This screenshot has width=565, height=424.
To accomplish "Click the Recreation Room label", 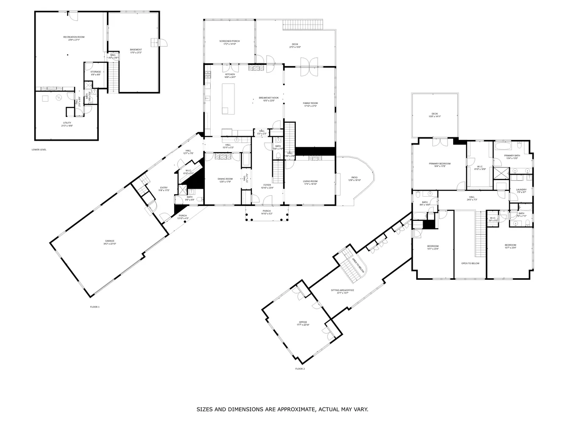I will [x=74, y=37].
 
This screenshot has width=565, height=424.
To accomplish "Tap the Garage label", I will [x=109, y=241].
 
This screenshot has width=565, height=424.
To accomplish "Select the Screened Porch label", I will [x=229, y=41].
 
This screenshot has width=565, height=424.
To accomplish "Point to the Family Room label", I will [x=310, y=103].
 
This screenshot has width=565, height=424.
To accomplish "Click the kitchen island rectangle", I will [x=228, y=99].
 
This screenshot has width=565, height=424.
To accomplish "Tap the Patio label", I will [x=354, y=178].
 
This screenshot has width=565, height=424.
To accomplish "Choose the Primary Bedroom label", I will [x=440, y=164].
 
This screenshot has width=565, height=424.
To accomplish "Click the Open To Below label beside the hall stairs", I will [x=470, y=263].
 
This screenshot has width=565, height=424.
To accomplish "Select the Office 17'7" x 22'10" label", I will [x=303, y=323].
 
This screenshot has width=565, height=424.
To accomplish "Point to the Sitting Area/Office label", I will [x=342, y=290].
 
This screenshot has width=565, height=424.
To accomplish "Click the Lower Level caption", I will [x=39, y=150].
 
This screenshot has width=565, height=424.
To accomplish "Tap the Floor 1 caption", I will [x=95, y=307].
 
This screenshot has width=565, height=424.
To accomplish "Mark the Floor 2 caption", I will [x=300, y=369].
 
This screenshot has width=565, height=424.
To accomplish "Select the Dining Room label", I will [x=225, y=179].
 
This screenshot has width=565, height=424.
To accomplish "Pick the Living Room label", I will [x=310, y=181].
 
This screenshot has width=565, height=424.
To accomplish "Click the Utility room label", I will [x=67, y=123].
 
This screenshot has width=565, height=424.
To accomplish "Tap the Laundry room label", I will [x=521, y=190].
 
